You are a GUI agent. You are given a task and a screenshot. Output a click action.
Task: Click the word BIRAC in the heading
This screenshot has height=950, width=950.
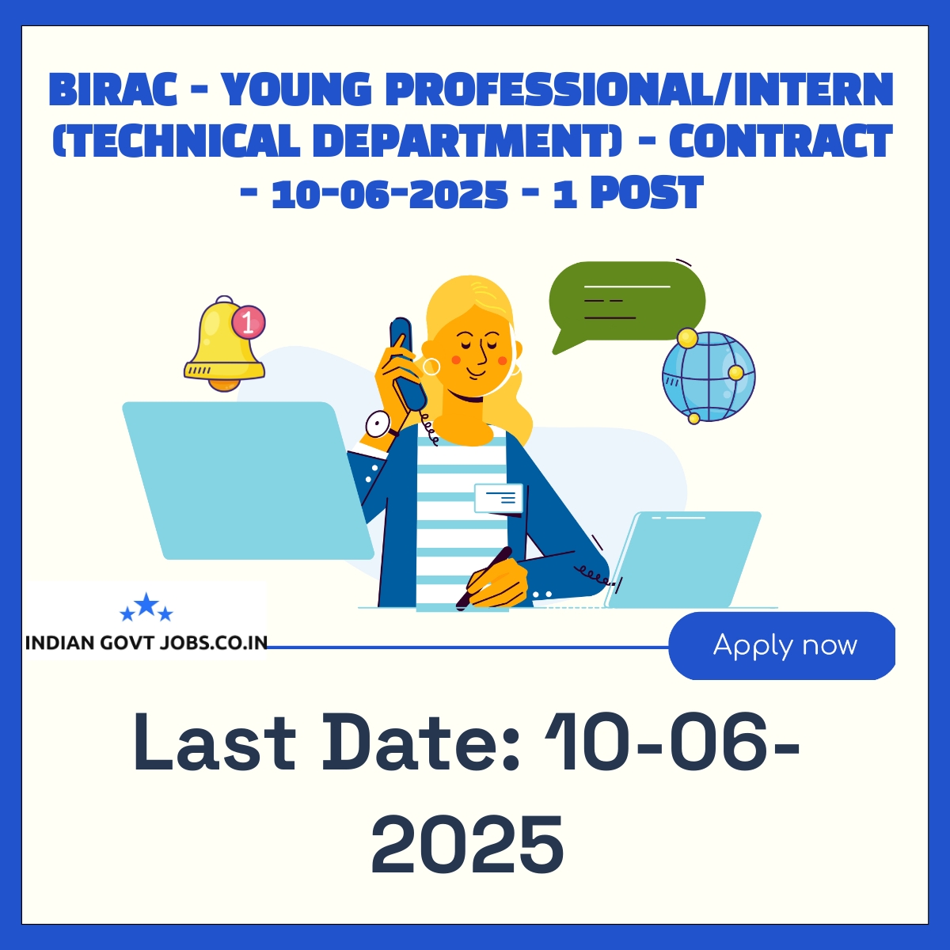113,89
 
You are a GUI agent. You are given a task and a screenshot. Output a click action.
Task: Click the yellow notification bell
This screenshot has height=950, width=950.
224,344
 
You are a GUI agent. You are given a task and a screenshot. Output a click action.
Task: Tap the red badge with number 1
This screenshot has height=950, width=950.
249,323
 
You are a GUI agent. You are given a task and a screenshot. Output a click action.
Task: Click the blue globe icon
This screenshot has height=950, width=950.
709,376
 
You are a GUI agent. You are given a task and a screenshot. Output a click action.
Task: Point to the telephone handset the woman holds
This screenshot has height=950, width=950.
407,363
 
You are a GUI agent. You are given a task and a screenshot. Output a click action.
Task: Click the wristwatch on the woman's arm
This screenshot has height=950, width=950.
378,424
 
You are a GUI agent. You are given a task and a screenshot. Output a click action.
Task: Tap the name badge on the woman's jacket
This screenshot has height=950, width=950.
499,498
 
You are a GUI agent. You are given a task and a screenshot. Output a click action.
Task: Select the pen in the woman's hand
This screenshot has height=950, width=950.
484,578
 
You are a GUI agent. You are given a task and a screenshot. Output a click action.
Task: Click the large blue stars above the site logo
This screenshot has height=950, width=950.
146,607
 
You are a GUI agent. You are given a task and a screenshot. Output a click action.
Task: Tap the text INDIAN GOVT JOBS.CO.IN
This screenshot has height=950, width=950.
146,643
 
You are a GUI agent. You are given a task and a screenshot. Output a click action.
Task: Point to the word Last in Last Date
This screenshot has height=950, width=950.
215,742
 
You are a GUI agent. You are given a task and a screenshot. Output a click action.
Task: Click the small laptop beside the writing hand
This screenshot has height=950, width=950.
682,560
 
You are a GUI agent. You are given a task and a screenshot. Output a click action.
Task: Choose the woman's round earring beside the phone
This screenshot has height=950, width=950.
431,367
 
